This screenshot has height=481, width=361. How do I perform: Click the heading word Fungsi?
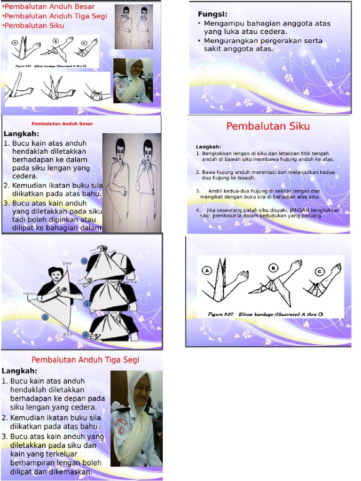tap(212, 14)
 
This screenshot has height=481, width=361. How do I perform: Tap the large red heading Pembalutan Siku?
tap(268, 126)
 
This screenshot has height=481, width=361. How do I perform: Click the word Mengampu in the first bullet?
tap(222, 23)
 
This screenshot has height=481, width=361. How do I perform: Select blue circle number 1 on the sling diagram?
tap(45, 318)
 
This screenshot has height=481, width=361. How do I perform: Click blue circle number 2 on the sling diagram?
tap(84, 261)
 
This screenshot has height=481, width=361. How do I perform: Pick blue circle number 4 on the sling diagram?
tap(86, 335)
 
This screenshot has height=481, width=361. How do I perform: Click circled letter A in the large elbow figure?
tap(206, 270)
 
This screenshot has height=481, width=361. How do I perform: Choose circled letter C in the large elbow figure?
tap(320, 271)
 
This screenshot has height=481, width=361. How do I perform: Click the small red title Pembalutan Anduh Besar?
tap(62, 124)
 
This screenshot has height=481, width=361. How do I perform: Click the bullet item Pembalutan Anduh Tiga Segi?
tap(55, 16)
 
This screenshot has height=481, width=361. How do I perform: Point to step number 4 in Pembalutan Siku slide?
tap(198, 210)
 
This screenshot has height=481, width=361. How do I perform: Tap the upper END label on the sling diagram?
tap(67, 264)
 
